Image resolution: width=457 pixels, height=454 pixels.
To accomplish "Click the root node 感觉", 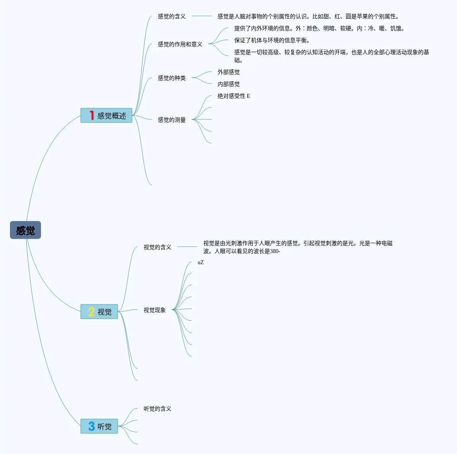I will [x=25, y=230].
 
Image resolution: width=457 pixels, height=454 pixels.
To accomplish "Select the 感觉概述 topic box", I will [x=106, y=115].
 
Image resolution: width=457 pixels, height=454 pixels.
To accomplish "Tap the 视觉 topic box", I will [x=99, y=312].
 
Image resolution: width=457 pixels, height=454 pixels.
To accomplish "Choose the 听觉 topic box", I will [x=99, y=426].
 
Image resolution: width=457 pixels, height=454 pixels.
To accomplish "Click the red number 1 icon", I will [x=91, y=115].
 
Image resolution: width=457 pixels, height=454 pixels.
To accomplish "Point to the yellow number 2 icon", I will [x=91, y=312].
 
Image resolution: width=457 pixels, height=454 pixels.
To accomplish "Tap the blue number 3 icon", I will [x=91, y=426].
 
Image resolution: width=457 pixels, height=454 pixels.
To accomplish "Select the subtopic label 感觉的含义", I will [x=171, y=16].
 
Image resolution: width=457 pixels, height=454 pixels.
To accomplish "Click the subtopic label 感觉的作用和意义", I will [x=180, y=44].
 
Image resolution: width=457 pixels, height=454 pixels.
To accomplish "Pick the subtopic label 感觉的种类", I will [x=171, y=78].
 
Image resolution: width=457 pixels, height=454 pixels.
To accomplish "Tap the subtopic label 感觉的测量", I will [x=171, y=120].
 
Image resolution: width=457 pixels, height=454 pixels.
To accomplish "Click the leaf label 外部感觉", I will [x=228, y=72].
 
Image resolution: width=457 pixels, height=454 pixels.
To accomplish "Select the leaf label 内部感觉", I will [x=228, y=84].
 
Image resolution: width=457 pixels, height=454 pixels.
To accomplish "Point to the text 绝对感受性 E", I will [x=233, y=96].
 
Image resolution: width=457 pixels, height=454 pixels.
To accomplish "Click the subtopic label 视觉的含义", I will [x=157, y=247].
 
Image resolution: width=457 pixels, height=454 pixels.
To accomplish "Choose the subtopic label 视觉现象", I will [x=154, y=310].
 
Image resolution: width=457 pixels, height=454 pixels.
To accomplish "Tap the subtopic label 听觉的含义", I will [x=157, y=409].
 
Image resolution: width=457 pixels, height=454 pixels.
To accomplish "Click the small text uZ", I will [x=200, y=262].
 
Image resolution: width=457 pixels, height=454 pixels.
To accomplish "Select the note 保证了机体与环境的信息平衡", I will [x=272, y=40].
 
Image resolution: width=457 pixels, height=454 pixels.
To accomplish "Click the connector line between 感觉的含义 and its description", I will [x=202, y=16].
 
